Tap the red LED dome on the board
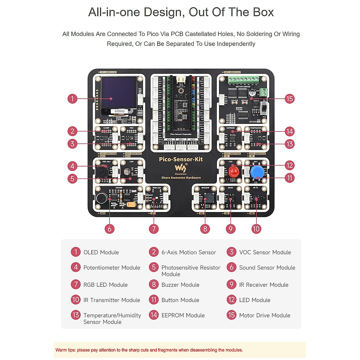point(234,172)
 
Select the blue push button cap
point(257,172)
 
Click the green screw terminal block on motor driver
point(243,80)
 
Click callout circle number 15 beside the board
point(289,99)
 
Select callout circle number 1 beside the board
point(72,99)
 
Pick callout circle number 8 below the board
point(205,229)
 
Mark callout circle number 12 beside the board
point(289,165)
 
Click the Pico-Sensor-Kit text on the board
point(181,159)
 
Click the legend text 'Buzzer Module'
point(180,285)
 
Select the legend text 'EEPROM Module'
point(183,315)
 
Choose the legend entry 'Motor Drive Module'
point(265,315)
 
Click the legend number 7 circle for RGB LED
point(76,284)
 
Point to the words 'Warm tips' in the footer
point(65,350)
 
